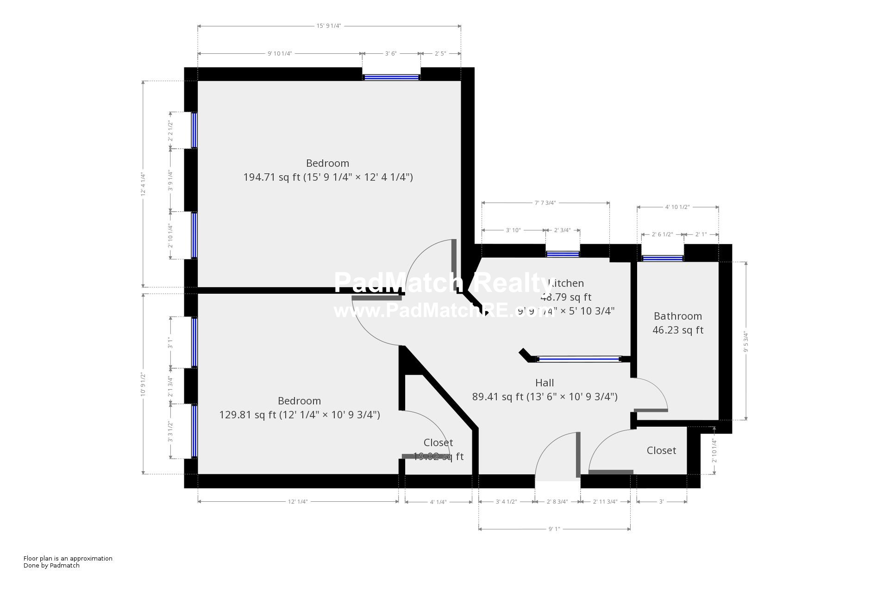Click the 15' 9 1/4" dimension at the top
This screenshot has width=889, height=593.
pos(329,26)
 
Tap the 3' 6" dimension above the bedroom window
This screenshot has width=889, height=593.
pos(391,53)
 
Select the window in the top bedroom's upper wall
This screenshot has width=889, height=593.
pos(391,77)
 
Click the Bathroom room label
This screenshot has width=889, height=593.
pos(677,316)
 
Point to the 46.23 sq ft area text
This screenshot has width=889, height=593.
pos(677,330)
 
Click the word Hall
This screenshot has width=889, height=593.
pos(545,383)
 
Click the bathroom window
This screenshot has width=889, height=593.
pos(663,258)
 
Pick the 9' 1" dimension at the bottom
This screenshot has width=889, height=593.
pos(554,529)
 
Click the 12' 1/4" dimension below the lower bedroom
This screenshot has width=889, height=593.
pos(298,501)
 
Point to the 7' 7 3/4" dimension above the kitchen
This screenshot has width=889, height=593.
pos(545,202)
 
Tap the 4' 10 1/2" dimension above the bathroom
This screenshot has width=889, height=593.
pos(677,207)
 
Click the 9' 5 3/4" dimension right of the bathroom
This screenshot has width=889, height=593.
pos(745,341)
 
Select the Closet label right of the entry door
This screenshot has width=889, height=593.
pos(661,450)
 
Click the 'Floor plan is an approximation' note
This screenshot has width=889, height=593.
pos(68,558)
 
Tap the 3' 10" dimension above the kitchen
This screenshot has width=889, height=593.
pos(513,230)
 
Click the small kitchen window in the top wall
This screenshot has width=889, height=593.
pos(563,254)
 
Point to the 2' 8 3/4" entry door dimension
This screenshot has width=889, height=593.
pos(557,501)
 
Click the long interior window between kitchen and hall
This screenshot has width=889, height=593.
pos(578,359)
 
